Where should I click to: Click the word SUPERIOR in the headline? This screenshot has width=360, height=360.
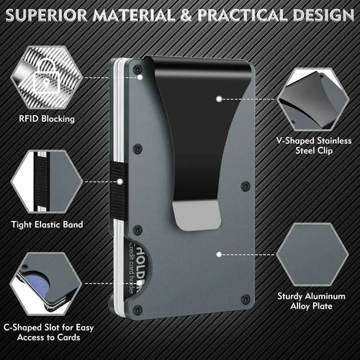[x=46, y=15]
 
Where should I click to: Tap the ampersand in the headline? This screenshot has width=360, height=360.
[x=186, y=15]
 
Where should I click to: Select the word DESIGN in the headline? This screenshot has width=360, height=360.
[x=323, y=15]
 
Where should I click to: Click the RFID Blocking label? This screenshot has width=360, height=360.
[x=47, y=119]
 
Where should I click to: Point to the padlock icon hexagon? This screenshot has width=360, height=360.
[x=47, y=77]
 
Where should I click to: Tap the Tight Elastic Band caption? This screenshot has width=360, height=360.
[x=47, y=225]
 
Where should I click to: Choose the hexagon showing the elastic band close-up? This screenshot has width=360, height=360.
[x=47, y=181]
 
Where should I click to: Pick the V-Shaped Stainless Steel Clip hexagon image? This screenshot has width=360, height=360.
[x=312, y=99]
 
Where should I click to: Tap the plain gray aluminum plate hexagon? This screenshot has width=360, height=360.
[x=312, y=255]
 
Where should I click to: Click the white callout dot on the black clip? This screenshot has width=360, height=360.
[x=219, y=99]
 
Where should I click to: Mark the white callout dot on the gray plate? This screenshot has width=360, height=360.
[x=219, y=255]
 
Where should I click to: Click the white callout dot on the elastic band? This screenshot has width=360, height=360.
[x=120, y=181]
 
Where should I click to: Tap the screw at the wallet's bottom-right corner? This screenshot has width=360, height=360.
[x=246, y=299]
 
